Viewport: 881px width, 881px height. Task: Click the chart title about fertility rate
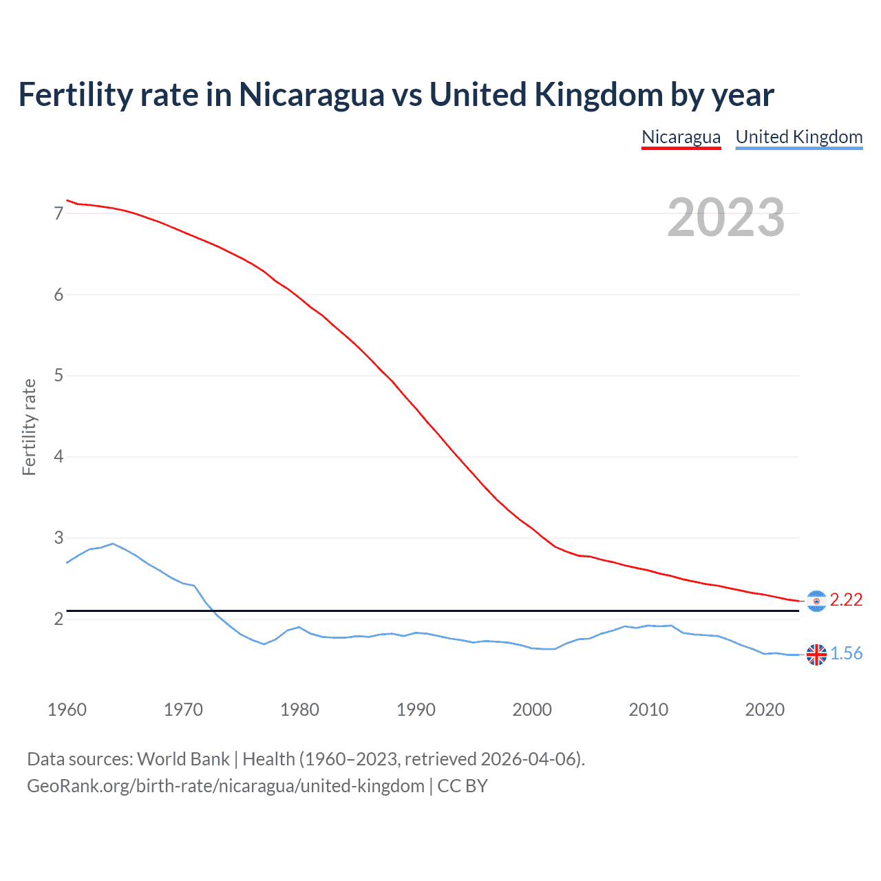pyautogui.click(x=396, y=95)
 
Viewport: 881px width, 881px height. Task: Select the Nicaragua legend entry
pyautogui.click(x=681, y=137)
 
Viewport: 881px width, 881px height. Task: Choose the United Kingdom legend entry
pyautogui.click(x=798, y=137)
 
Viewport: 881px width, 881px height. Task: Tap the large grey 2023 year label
pyautogui.click(x=725, y=217)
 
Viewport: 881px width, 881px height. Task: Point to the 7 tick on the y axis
pyautogui.click(x=59, y=213)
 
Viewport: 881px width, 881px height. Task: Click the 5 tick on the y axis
pyautogui.click(x=59, y=376)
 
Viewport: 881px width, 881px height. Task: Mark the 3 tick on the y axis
pyautogui.click(x=59, y=538)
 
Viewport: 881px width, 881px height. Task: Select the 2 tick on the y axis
pyautogui.click(x=59, y=619)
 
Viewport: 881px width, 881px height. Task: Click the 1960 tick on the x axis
pyautogui.click(x=67, y=710)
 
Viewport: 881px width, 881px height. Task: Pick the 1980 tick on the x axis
pyautogui.click(x=299, y=710)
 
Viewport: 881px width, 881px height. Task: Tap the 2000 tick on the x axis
pyautogui.click(x=532, y=710)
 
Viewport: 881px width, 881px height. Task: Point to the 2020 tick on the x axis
pyautogui.click(x=765, y=710)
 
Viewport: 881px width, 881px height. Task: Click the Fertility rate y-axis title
pyautogui.click(x=29, y=427)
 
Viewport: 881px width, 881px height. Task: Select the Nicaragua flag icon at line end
pyautogui.click(x=816, y=601)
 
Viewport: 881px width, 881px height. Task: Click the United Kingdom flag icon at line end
pyautogui.click(x=816, y=655)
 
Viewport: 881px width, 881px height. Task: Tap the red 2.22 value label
pyautogui.click(x=846, y=600)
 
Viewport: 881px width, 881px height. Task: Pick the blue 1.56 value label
pyautogui.click(x=846, y=654)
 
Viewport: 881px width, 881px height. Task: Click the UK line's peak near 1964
pyautogui.click(x=113, y=544)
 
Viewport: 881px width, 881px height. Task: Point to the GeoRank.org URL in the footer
pyautogui.click(x=226, y=786)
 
